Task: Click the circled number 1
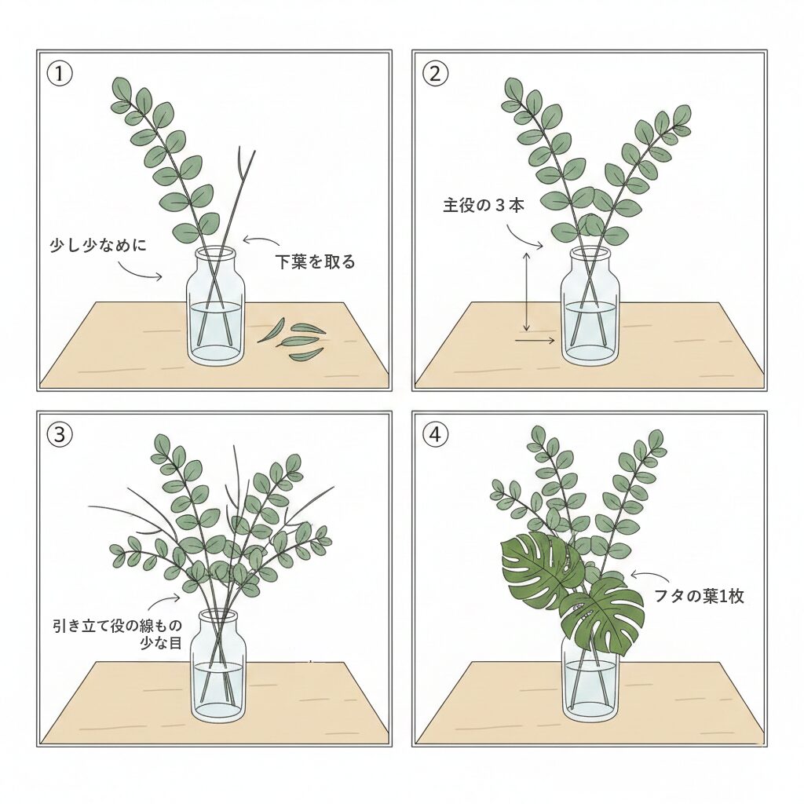(x=60, y=75)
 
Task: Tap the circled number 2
(x=435, y=75)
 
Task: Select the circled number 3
(x=60, y=434)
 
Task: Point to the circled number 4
(x=435, y=434)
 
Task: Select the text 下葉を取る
(x=314, y=262)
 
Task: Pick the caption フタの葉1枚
(x=699, y=596)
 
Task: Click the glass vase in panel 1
(x=215, y=310)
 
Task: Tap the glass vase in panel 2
(x=590, y=310)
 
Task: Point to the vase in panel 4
(x=590, y=675)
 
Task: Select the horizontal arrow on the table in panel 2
(x=535, y=341)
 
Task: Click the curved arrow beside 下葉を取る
(x=261, y=239)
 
